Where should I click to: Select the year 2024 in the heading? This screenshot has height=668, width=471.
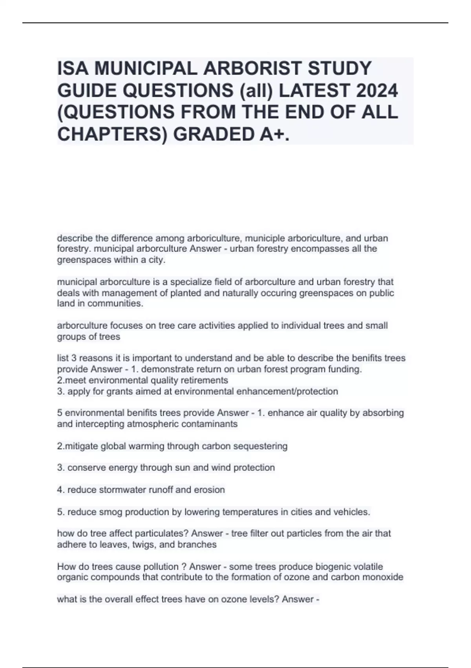pos(377,91)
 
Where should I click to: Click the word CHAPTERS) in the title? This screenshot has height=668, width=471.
pos(112,134)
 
